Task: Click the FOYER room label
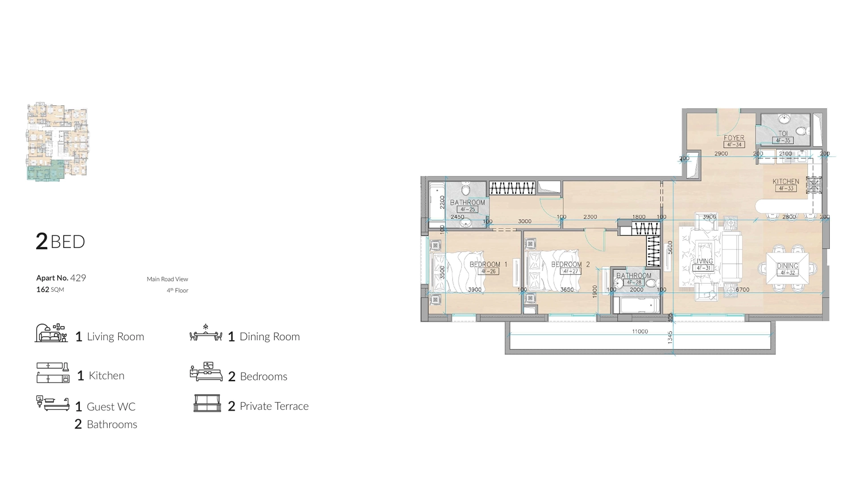click(x=734, y=138)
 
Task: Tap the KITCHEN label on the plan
click(x=786, y=182)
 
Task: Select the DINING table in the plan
click(x=787, y=269)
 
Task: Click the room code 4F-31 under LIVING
click(x=703, y=268)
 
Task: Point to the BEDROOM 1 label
click(x=488, y=264)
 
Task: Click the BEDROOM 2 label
click(x=570, y=264)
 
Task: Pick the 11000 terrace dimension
click(x=640, y=332)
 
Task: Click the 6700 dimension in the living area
click(x=742, y=290)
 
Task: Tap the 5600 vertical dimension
click(x=670, y=248)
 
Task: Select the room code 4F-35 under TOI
click(x=783, y=141)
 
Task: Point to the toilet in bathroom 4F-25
click(x=466, y=190)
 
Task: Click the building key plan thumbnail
click(x=58, y=141)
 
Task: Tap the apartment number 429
click(x=78, y=278)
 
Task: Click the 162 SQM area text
click(x=50, y=290)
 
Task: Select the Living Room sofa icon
click(x=51, y=333)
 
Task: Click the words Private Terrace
click(x=274, y=406)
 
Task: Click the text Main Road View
click(x=167, y=279)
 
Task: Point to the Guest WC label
click(x=111, y=407)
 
